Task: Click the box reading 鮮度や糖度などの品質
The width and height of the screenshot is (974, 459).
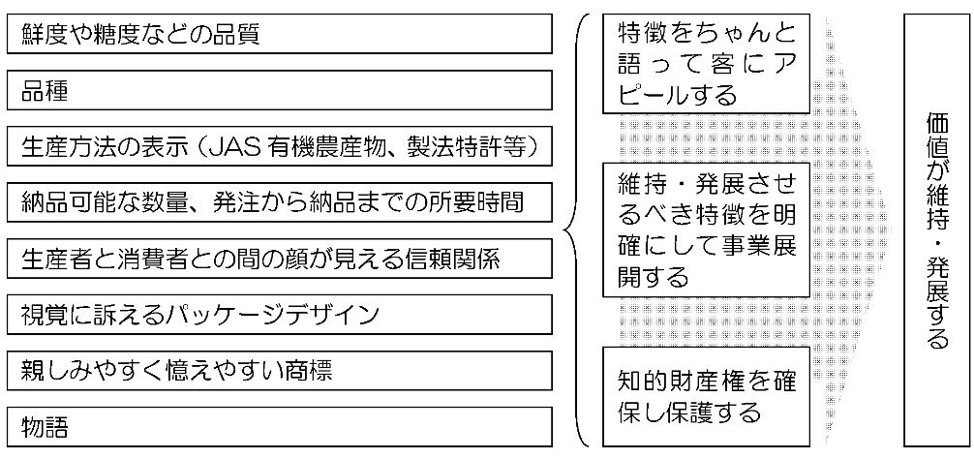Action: [x=279, y=34]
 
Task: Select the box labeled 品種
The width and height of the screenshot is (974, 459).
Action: [x=279, y=90]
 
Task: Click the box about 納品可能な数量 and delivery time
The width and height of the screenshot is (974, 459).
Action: [x=279, y=201]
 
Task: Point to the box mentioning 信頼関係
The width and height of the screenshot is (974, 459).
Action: [x=279, y=259]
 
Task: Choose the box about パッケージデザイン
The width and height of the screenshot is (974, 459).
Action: [x=279, y=315]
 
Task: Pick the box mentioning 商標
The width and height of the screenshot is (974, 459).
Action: [x=279, y=371]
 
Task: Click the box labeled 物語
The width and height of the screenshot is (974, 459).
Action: [x=279, y=427]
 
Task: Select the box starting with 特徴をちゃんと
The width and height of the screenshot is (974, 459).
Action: [x=706, y=64]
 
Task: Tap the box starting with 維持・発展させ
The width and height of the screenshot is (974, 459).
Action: [x=706, y=229]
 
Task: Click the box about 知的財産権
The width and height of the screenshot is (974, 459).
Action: [x=706, y=396]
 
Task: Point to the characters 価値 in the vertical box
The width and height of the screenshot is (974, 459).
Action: [x=937, y=138]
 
